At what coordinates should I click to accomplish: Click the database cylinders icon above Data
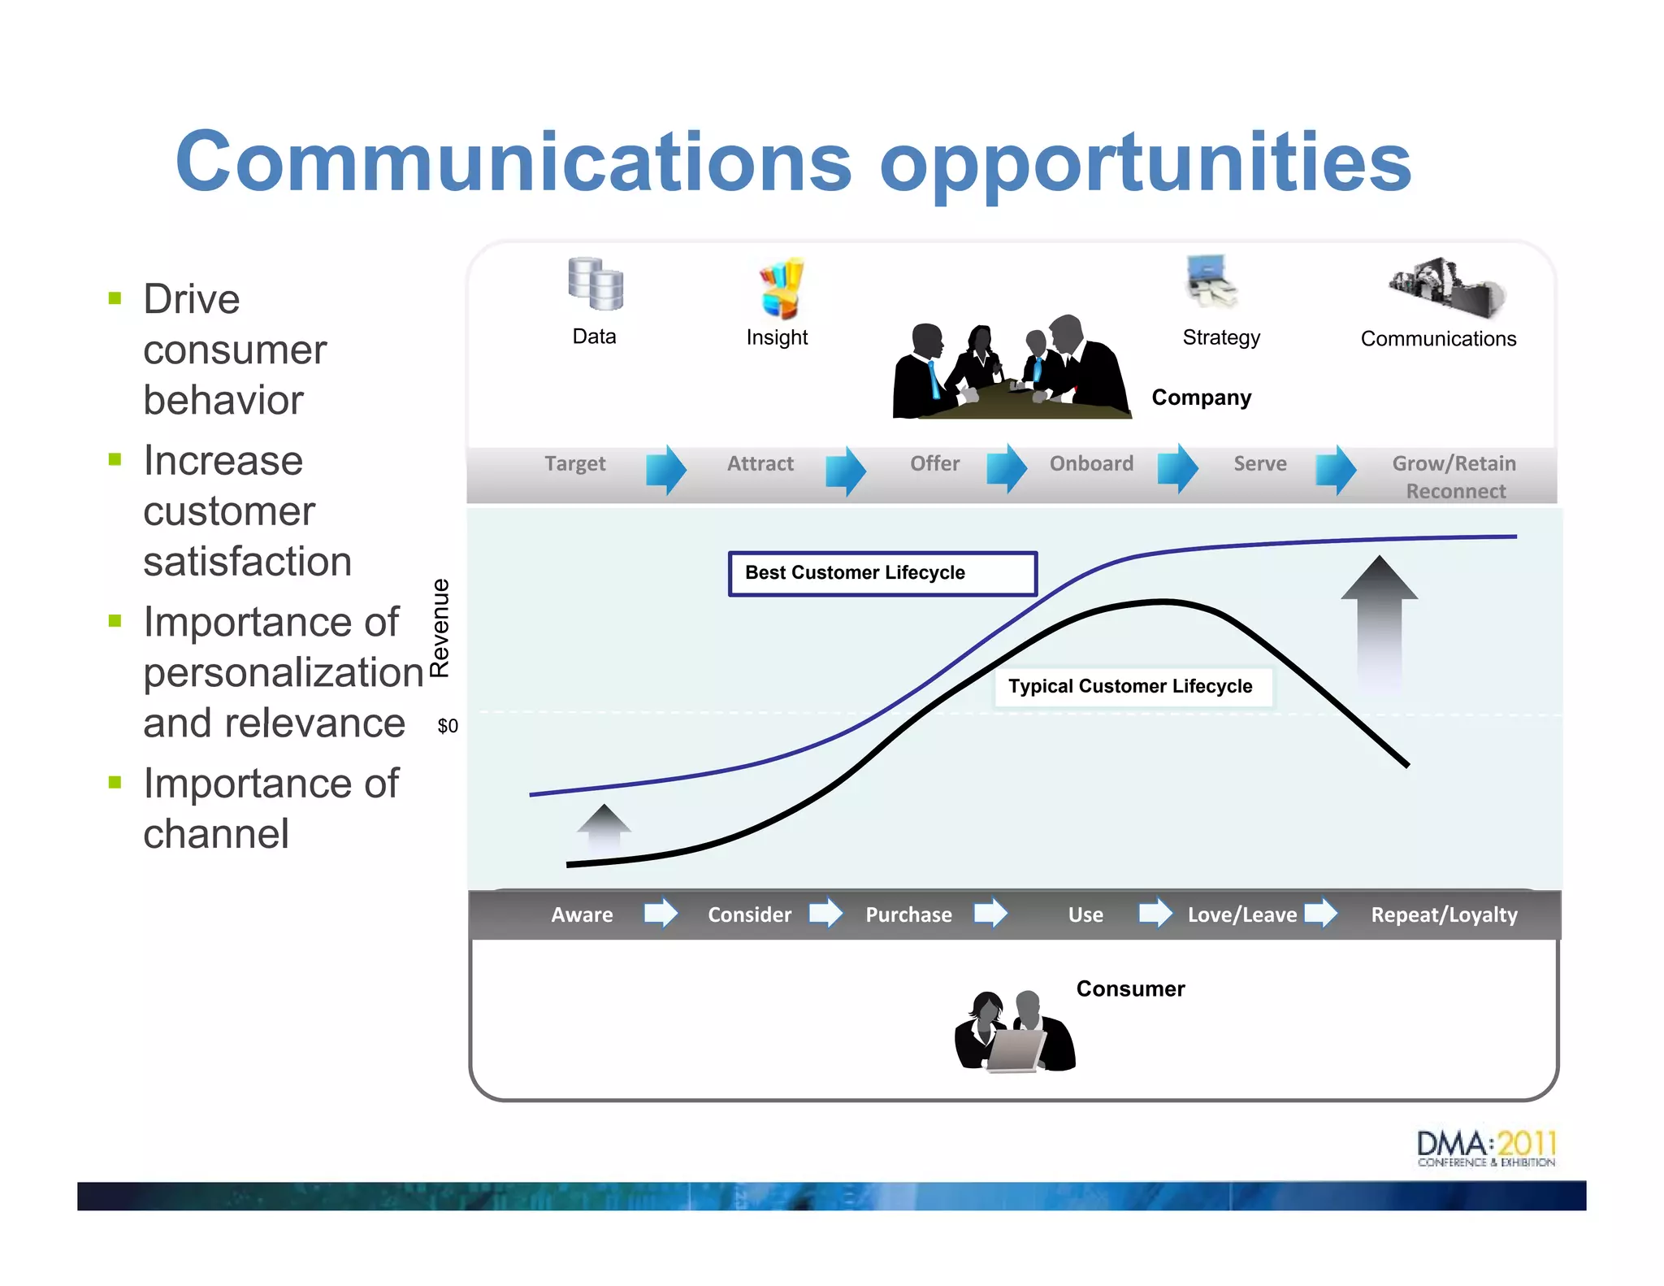pos(596,285)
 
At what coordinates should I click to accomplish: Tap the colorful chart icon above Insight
pos(782,289)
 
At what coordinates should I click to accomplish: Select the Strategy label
pos(1221,337)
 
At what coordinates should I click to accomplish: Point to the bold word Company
pos(1201,398)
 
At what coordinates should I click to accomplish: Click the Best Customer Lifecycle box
pos(882,574)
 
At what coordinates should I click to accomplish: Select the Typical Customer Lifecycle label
pos(1130,686)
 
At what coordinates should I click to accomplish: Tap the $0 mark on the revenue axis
pos(448,726)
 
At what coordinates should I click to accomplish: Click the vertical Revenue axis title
pos(440,628)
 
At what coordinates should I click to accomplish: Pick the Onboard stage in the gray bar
pos(1091,463)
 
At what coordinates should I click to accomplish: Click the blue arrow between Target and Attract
pos(666,470)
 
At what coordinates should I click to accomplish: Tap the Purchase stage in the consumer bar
pos(908,915)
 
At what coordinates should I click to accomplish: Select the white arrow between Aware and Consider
pos(661,913)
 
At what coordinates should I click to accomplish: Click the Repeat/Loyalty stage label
pos(1444,915)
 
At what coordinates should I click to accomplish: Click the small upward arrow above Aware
pos(604,826)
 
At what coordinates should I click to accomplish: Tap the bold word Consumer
pos(1130,989)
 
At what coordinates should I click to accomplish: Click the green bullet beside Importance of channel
pos(115,783)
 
